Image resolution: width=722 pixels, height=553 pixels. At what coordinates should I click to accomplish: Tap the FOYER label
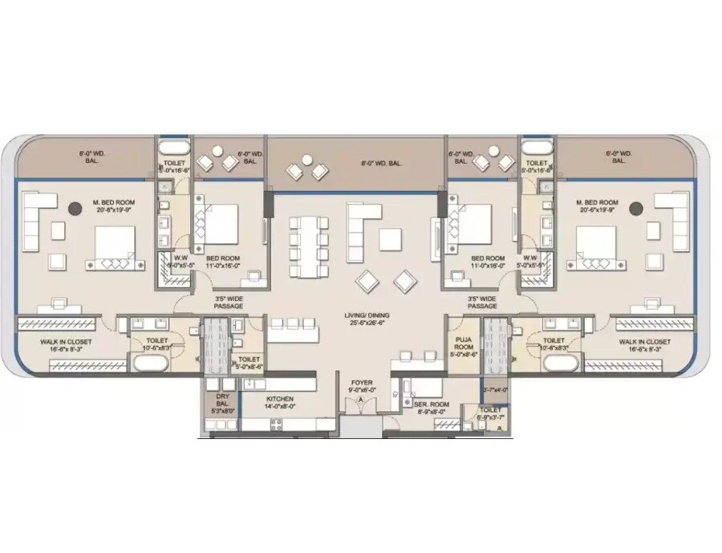click(x=361, y=387)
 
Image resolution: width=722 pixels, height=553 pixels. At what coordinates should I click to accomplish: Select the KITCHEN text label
click(x=280, y=402)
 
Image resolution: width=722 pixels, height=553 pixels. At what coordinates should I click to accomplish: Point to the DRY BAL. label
click(x=223, y=402)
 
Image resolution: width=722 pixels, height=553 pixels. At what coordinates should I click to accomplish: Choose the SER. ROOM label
click(x=431, y=408)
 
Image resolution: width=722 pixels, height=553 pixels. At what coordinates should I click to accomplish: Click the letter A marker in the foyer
click(x=361, y=399)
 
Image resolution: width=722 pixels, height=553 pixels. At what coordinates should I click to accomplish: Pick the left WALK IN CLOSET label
click(x=67, y=345)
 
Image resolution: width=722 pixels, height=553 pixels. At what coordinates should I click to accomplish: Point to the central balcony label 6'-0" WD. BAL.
click(x=381, y=163)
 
